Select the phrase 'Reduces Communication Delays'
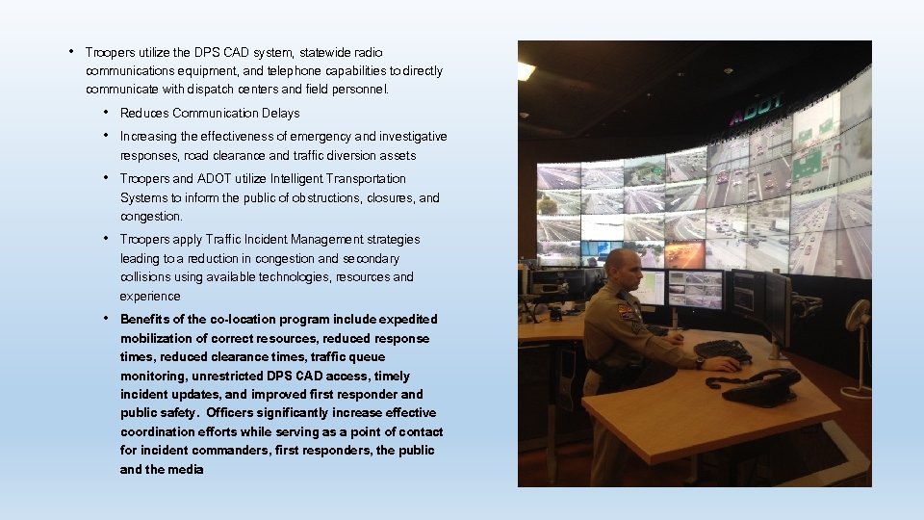[210, 114]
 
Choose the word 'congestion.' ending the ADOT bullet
[151, 217]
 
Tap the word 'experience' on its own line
[149, 297]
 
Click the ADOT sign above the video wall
[756, 109]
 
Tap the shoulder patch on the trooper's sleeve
[626, 313]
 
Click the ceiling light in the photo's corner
[526, 69]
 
